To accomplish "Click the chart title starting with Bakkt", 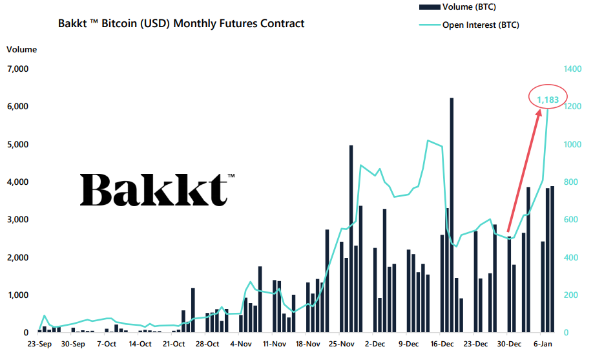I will point(181,24).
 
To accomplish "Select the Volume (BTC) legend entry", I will point(459,7).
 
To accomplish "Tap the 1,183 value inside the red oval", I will point(548,100).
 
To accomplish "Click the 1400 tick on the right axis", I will point(573,69).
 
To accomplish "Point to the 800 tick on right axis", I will point(571,182).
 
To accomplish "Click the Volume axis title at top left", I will point(22,50).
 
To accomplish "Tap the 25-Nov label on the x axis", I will point(342,344).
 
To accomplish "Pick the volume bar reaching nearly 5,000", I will point(351,238).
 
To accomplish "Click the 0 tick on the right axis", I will point(567,333).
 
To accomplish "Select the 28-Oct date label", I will point(207,344).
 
